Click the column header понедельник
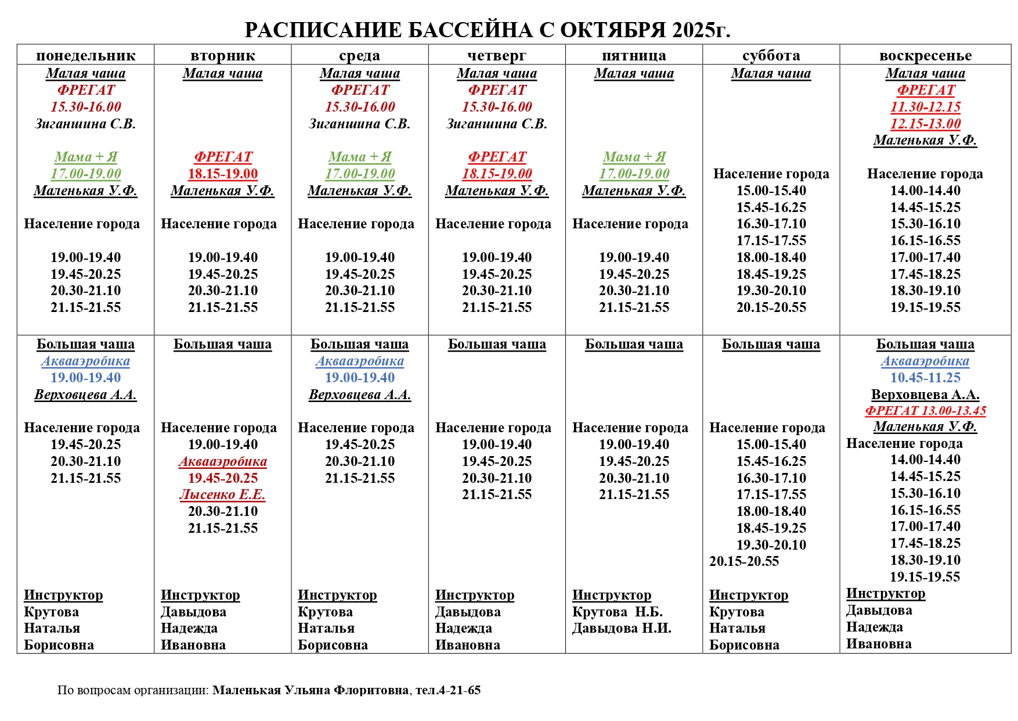(85, 56)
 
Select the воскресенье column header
(925, 56)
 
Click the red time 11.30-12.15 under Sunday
(925, 107)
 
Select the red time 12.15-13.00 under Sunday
(925, 124)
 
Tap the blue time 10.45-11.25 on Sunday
(925, 378)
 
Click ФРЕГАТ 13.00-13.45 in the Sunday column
(925, 411)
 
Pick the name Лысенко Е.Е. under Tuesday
(222, 494)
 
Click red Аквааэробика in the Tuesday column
(222, 461)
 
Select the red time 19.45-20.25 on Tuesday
(222, 478)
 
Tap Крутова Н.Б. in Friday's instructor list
(617, 612)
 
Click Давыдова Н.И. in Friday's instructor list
(622, 628)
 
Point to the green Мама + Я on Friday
(634, 157)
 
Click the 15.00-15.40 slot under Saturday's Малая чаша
(771, 191)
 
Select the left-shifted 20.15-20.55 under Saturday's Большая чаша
(743, 561)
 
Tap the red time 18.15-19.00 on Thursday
(497, 174)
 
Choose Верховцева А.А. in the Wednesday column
(359, 394)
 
